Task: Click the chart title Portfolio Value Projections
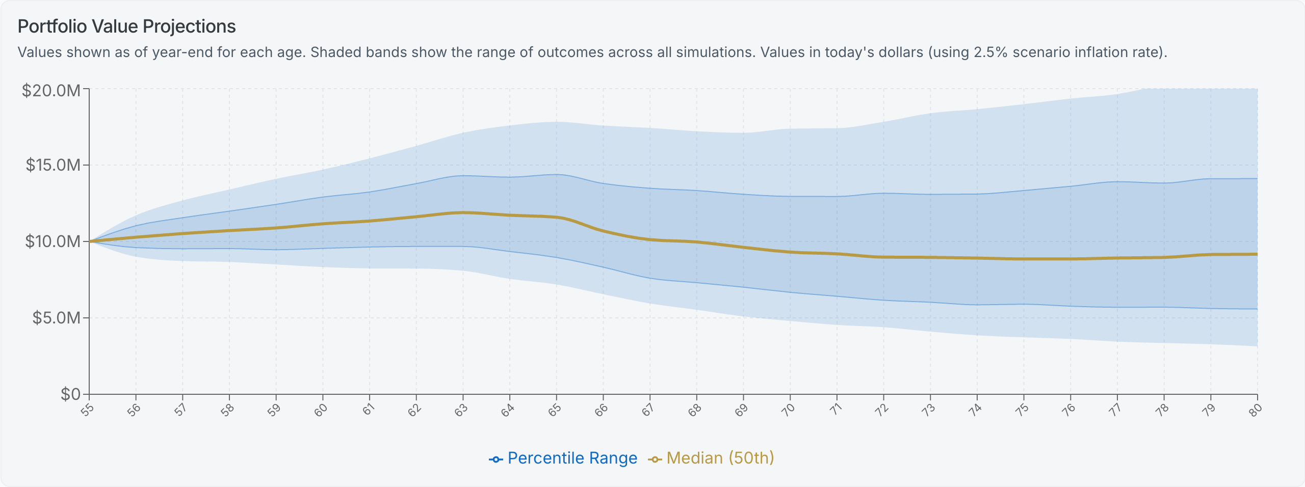[126, 26]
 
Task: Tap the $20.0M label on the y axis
[51, 91]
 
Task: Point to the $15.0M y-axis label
[53, 165]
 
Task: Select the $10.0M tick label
[53, 241]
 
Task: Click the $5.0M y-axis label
[57, 318]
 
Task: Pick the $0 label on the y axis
[70, 394]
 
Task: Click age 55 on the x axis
[87, 410]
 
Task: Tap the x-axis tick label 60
[321, 410]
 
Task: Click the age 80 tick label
[1255, 410]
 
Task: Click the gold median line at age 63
[463, 212]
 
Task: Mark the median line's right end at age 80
[1256, 254]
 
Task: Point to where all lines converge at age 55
[90, 241]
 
